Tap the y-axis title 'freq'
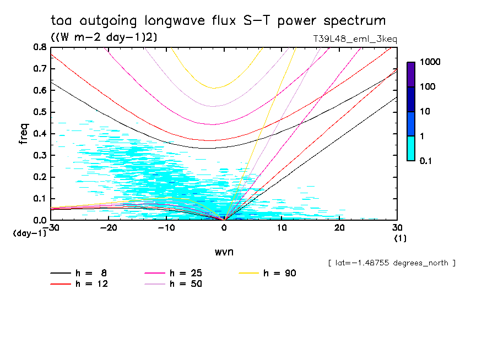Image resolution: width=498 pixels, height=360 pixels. [x=24, y=134]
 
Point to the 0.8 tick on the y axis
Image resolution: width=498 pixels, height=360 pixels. [x=40, y=47]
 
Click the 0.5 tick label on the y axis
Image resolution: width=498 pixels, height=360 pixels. [x=40, y=112]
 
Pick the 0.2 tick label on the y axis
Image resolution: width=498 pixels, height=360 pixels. [x=40, y=177]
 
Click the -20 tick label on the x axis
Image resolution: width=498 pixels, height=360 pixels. [x=109, y=228]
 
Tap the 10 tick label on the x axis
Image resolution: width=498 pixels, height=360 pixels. [x=282, y=228]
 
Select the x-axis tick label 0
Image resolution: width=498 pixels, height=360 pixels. [x=224, y=228]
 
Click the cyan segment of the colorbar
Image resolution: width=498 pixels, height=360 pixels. [x=411, y=148]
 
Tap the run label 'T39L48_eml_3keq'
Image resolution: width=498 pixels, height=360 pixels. [x=354, y=39]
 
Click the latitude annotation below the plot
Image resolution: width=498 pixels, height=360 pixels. [x=391, y=263]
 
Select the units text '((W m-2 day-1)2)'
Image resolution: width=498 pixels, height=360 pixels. [x=95, y=37]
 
